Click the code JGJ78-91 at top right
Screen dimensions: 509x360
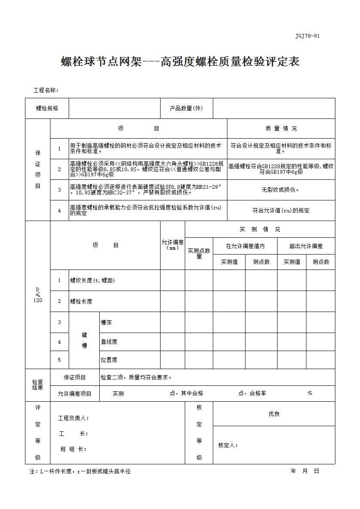tap(307, 36)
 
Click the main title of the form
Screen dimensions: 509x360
tap(180, 62)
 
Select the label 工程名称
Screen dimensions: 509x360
tap(46, 90)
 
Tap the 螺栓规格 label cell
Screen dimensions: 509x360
tap(47, 109)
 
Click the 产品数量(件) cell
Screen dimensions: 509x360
tap(186, 109)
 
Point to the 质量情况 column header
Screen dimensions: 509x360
tap(281, 128)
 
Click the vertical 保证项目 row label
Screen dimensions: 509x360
tap(38, 170)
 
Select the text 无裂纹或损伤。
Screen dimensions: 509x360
tap(281, 190)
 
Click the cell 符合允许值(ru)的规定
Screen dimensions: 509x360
tap(281, 210)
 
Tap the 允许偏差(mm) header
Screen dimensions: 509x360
tap(173, 245)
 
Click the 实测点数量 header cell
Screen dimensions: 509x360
tap(199, 253)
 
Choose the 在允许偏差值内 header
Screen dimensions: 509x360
tap(245, 246)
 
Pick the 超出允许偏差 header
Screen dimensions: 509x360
tap(306, 246)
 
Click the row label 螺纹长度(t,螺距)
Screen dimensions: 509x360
tap(92, 280)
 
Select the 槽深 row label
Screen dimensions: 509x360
tap(106, 322)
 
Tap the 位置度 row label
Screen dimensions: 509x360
tap(109, 360)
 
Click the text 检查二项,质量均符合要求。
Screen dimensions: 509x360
tap(137, 377)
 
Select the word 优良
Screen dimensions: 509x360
tap(274, 414)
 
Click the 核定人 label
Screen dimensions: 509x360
tap(228, 445)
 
